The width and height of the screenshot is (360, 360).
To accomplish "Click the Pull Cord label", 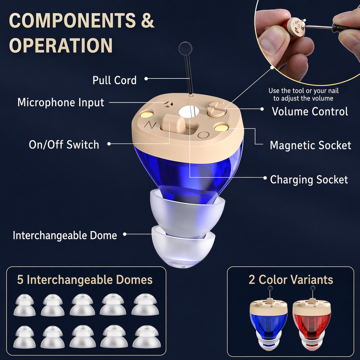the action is coord(114,80).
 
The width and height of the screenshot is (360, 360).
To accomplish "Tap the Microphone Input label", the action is coord(61,102).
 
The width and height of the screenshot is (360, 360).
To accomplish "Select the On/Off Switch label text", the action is coord(64,145).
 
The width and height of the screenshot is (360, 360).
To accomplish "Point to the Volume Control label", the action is coord(310,111).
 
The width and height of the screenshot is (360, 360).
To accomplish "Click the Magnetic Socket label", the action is coord(311,145).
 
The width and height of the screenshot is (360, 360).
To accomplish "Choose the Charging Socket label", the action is coord(309,180).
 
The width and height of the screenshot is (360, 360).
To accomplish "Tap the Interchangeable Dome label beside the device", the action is coord(65,235).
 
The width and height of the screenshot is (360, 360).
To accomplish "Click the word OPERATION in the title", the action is coord(61,45).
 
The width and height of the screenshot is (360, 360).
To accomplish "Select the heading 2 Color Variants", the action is coord(291,280).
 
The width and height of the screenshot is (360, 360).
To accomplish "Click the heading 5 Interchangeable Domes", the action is coord(85,280).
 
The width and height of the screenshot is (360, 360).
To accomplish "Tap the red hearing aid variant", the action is coord(311,318).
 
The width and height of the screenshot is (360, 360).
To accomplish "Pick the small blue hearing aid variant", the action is coord(269,318).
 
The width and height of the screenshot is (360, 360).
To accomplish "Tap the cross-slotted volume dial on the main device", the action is coord(217,109).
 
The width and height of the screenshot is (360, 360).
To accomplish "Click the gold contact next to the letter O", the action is coord(221,127).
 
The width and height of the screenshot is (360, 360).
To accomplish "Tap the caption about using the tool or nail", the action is coord(303,94).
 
